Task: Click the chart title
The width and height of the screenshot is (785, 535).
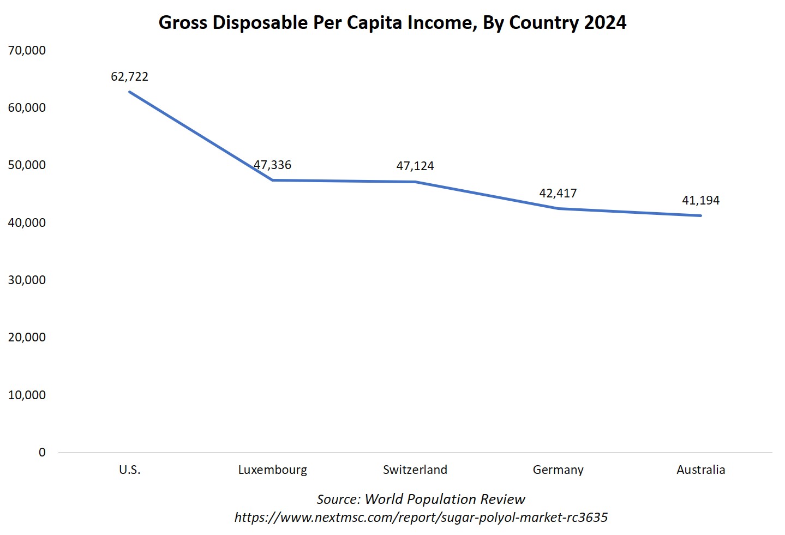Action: click(x=392, y=23)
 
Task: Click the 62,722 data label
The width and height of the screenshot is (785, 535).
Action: click(x=129, y=77)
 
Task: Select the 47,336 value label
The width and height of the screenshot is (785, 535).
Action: click(x=272, y=165)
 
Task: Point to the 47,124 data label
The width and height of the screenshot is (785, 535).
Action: click(x=415, y=166)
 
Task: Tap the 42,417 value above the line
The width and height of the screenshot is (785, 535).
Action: click(x=558, y=194)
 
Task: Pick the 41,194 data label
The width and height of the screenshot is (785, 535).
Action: click(x=700, y=201)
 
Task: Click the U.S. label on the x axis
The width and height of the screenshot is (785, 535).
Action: click(x=129, y=470)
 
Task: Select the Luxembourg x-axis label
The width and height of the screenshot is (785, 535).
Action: click(x=272, y=470)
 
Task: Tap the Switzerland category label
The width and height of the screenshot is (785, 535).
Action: click(x=415, y=470)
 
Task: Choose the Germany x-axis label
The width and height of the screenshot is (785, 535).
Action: click(x=558, y=470)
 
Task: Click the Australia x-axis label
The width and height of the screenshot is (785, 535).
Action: click(x=700, y=470)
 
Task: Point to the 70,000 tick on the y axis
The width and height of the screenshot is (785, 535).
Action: click(x=27, y=51)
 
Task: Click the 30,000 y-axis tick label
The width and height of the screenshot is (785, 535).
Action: click(x=27, y=280)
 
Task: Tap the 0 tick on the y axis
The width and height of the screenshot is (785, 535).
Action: click(x=42, y=453)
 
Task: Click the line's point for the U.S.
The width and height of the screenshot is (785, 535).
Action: click(x=129, y=92)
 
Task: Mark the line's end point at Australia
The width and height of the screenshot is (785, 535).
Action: click(x=700, y=215)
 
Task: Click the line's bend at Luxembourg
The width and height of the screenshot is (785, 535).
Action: click(x=272, y=180)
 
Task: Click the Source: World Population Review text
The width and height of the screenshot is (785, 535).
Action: click(x=421, y=500)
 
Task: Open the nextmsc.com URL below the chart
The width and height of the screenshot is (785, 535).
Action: click(x=421, y=518)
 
